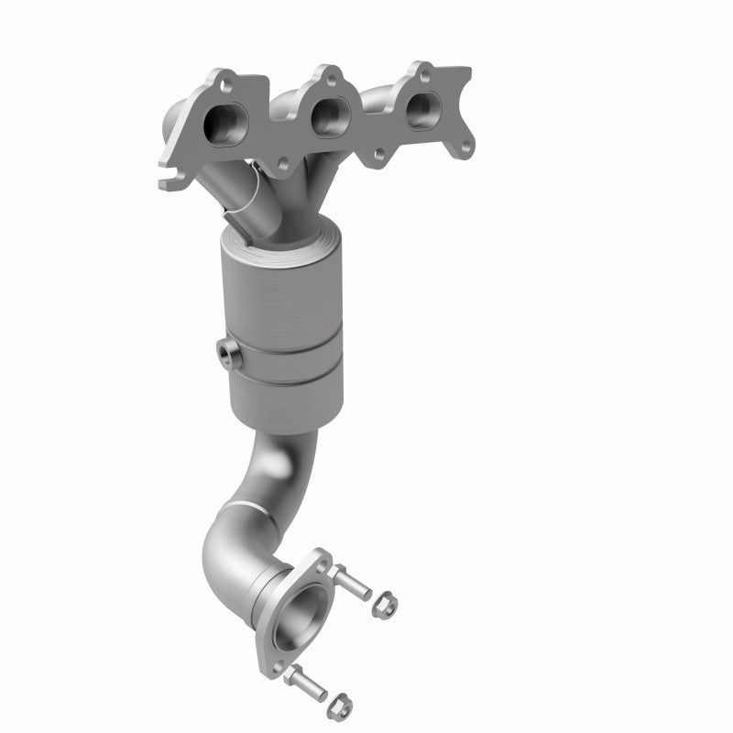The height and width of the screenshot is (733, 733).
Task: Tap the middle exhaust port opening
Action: click(325, 117)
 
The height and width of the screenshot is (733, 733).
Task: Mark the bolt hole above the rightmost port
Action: click(427, 73)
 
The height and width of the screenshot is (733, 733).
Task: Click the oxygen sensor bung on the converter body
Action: click(227, 356)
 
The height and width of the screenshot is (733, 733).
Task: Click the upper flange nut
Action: click(383, 605)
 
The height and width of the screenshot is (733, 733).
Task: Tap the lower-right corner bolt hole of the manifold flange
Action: click(466, 145)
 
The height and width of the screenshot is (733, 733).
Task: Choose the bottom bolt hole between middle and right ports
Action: click(377, 156)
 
